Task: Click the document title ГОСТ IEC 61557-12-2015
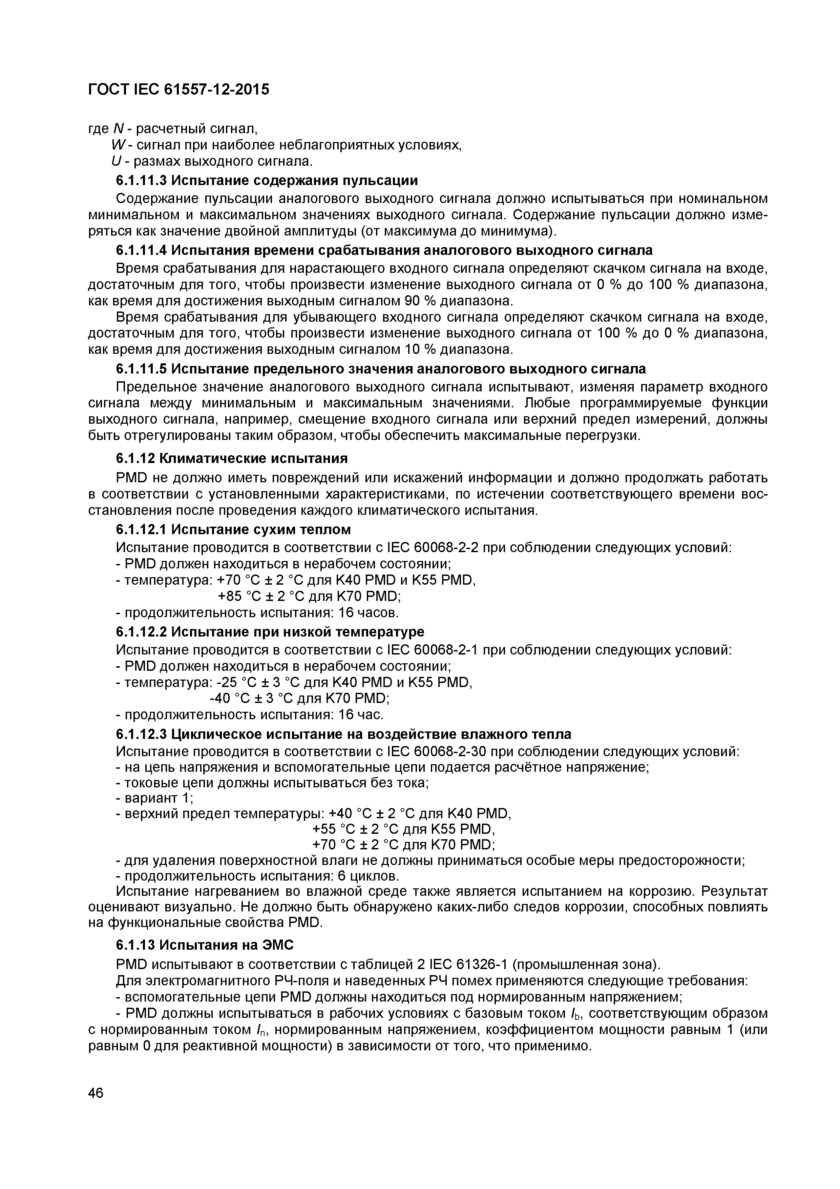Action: (x=178, y=89)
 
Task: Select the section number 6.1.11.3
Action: (x=141, y=180)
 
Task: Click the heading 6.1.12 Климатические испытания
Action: (x=231, y=458)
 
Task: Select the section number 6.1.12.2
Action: (x=141, y=632)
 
